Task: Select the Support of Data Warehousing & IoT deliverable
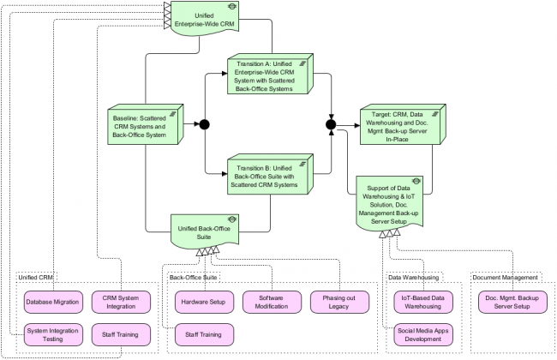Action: click(x=389, y=201)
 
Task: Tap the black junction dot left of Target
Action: click(x=332, y=127)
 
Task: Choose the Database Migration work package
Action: click(x=51, y=302)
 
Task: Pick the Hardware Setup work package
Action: click(x=205, y=303)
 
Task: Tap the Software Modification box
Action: click(x=271, y=303)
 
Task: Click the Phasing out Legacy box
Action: click(x=338, y=303)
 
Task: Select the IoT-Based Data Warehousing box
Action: click(x=423, y=302)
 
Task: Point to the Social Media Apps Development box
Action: click(x=423, y=334)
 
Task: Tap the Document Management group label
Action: click(x=506, y=278)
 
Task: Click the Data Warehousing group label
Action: click(x=414, y=278)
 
